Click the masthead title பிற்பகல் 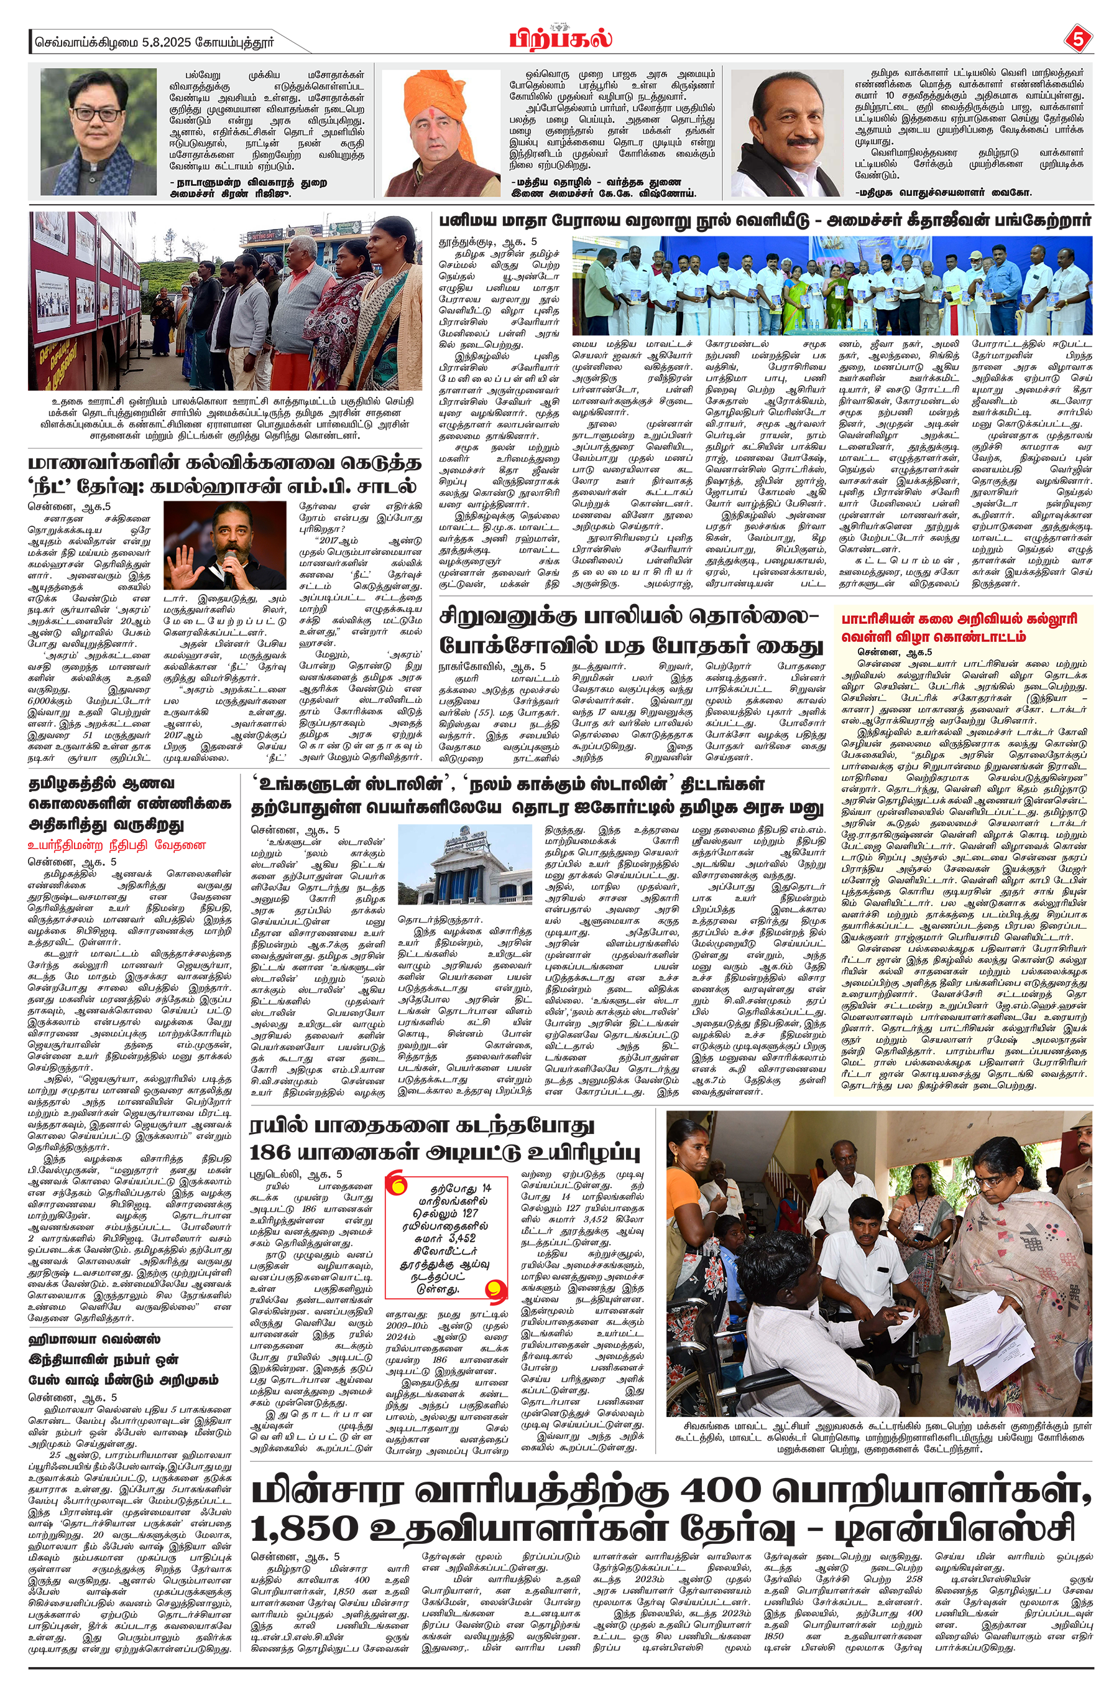560,37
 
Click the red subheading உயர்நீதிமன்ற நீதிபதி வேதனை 116,845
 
